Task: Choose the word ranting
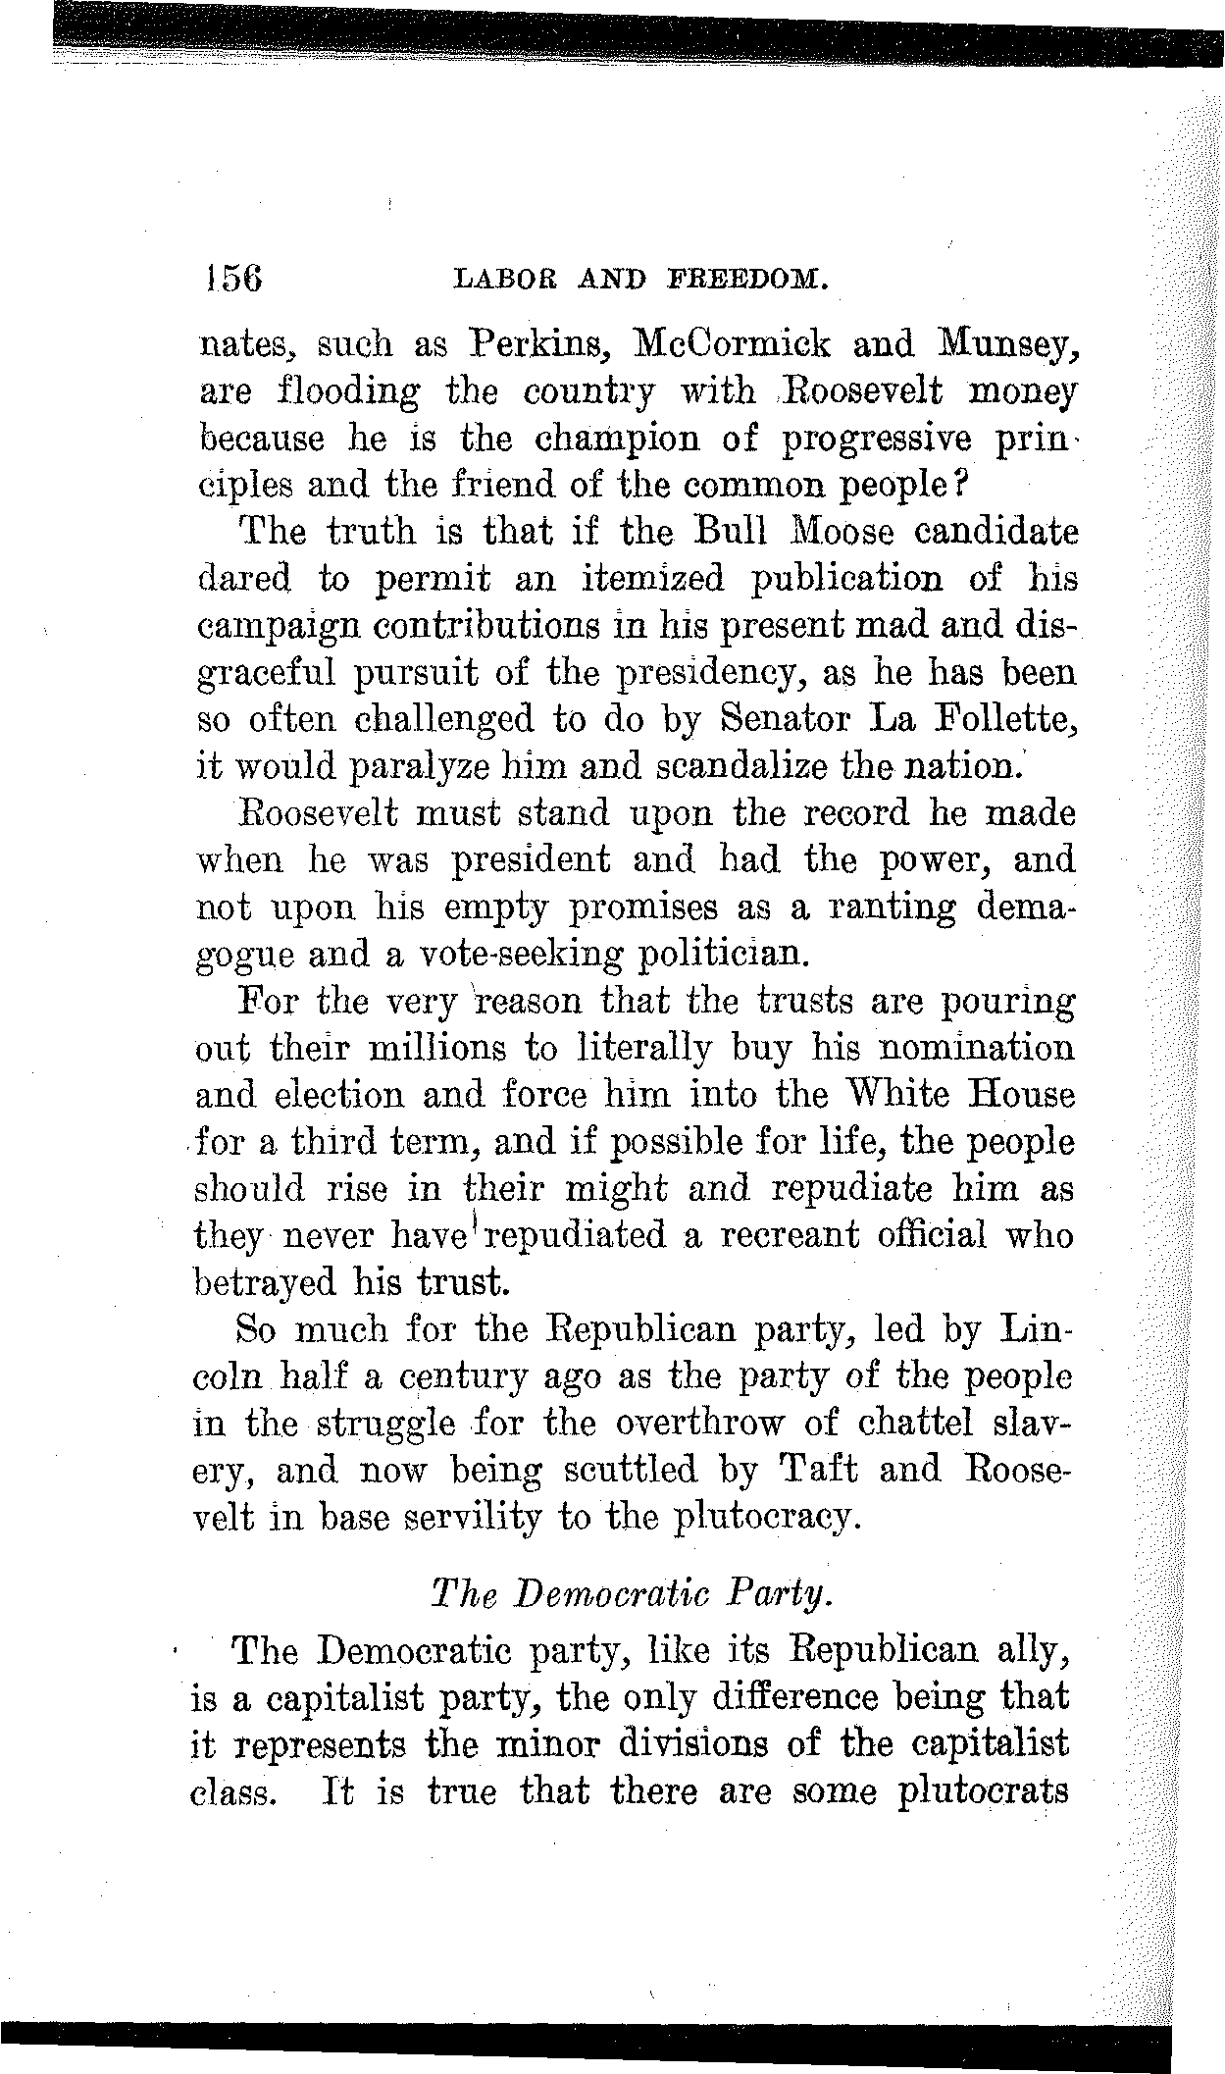(892, 908)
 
